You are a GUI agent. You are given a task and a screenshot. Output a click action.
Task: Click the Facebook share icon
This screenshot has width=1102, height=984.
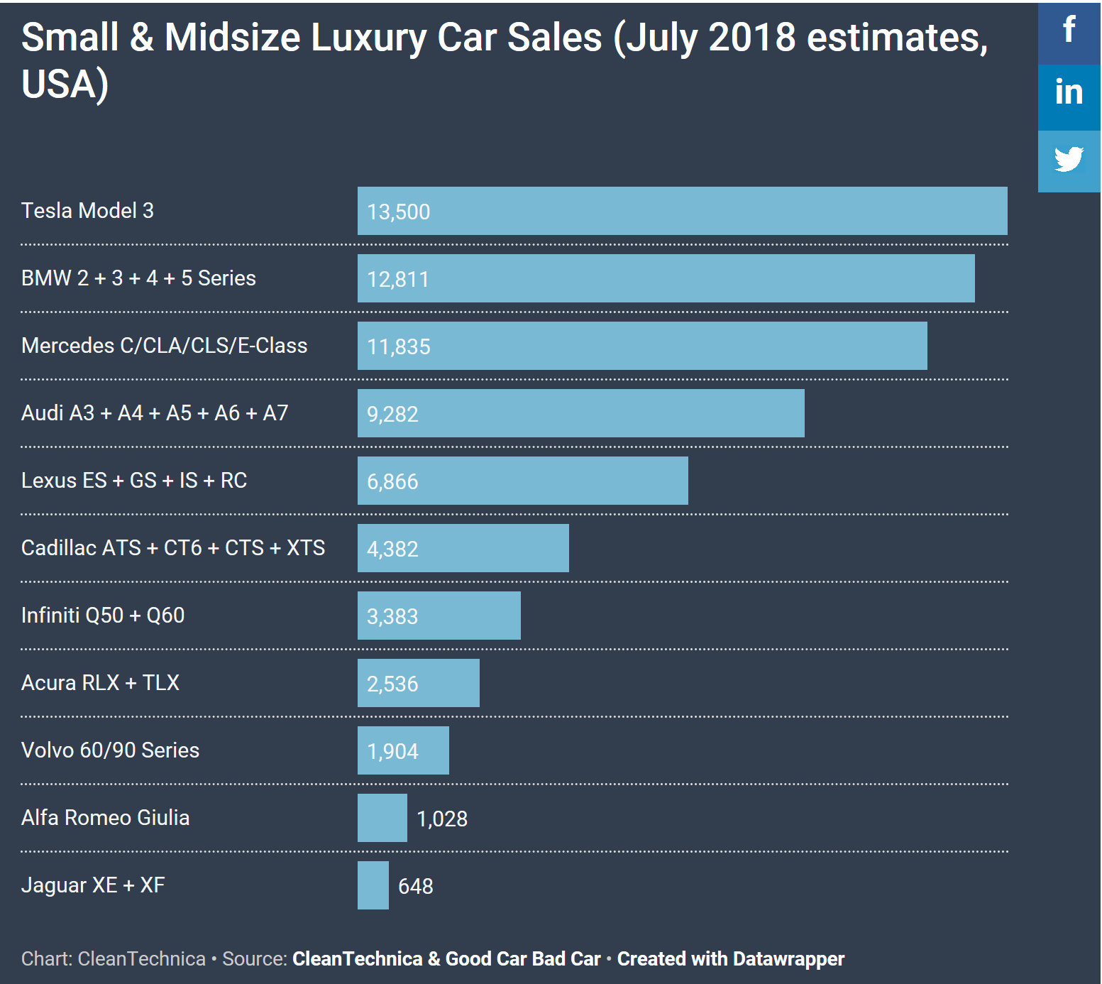pyautogui.click(x=1069, y=31)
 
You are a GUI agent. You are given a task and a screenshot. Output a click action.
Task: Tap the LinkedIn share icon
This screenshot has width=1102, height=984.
pyautogui.click(x=1069, y=93)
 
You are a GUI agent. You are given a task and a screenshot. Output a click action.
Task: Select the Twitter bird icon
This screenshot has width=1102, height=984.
pyautogui.click(x=1069, y=160)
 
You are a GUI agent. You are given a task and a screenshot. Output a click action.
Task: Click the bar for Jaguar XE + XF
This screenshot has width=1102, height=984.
pyautogui.click(x=373, y=885)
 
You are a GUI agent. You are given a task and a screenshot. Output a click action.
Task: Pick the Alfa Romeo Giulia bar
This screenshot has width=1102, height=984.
pyautogui.click(x=382, y=818)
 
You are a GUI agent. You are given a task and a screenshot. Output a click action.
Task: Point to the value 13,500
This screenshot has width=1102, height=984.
pyautogui.click(x=399, y=212)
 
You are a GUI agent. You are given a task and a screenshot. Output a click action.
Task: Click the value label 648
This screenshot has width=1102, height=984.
pyautogui.click(x=416, y=886)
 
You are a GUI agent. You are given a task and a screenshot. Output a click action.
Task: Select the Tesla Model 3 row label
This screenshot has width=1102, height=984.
pyautogui.click(x=87, y=211)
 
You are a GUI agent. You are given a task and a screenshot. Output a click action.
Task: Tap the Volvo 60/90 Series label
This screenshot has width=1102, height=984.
pyautogui.click(x=110, y=750)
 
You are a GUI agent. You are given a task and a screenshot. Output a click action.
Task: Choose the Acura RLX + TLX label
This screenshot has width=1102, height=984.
pyautogui.click(x=100, y=683)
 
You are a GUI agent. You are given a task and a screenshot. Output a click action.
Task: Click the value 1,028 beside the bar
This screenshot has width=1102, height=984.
pyautogui.click(x=442, y=819)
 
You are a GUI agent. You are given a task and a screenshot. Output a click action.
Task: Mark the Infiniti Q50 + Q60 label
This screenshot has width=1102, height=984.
pyautogui.click(x=103, y=616)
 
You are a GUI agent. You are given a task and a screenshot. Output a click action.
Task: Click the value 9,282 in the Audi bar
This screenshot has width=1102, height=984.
pyautogui.click(x=392, y=414)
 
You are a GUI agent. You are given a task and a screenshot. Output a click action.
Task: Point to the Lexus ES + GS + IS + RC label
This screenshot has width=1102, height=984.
pyautogui.click(x=134, y=481)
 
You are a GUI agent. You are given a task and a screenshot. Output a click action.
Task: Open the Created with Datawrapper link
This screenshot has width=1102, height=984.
pyautogui.click(x=731, y=959)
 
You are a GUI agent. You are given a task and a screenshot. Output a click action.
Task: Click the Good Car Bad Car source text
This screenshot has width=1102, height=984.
pyautogui.click(x=523, y=959)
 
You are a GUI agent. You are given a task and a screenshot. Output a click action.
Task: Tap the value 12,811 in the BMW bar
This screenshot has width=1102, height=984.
pyautogui.click(x=398, y=279)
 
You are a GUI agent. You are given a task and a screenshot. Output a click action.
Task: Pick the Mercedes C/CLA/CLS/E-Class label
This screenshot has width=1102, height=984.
pyautogui.click(x=165, y=346)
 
